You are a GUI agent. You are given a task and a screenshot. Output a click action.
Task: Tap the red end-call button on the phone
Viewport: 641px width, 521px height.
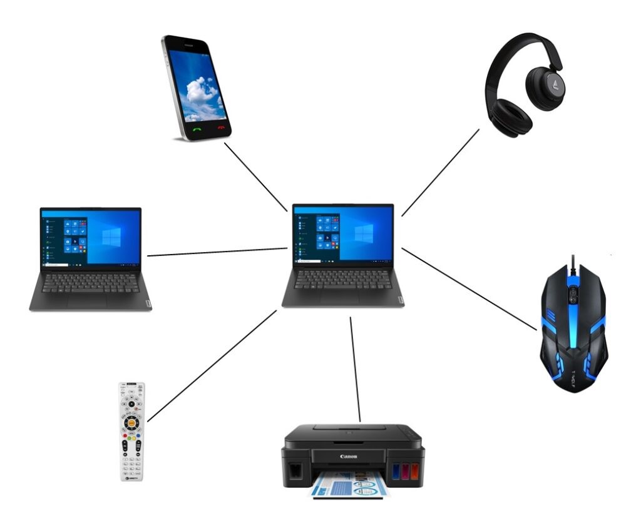click(x=220, y=126)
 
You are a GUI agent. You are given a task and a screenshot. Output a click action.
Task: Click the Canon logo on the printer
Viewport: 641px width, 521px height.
click(x=349, y=457)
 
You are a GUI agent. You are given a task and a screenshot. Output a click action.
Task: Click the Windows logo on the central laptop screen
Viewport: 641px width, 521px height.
click(x=363, y=234)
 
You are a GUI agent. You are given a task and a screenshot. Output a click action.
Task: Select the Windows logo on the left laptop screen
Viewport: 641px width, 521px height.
click(x=111, y=238)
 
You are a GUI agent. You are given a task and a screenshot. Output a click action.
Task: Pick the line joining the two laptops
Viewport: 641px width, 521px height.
click(x=217, y=252)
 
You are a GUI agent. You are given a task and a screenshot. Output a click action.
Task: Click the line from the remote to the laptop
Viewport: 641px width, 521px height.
click(x=212, y=366)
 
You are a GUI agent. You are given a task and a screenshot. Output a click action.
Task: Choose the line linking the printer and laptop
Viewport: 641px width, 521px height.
click(x=356, y=369)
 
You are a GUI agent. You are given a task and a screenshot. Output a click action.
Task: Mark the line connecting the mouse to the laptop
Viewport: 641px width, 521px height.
click(x=469, y=288)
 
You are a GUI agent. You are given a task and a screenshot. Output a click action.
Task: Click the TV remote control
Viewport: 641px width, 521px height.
click(x=132, y=432)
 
